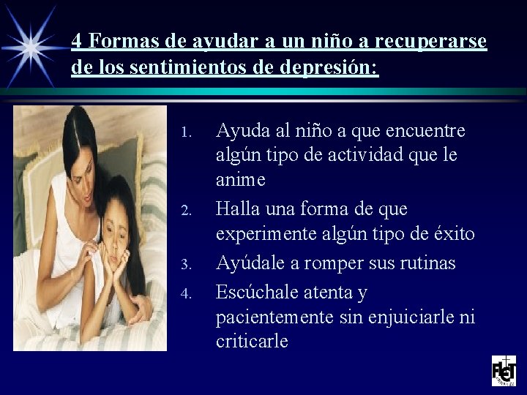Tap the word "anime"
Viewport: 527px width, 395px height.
pos(241,180)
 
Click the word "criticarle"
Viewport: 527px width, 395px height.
pos(253,341)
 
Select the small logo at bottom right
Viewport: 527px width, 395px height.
pos(504,370)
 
